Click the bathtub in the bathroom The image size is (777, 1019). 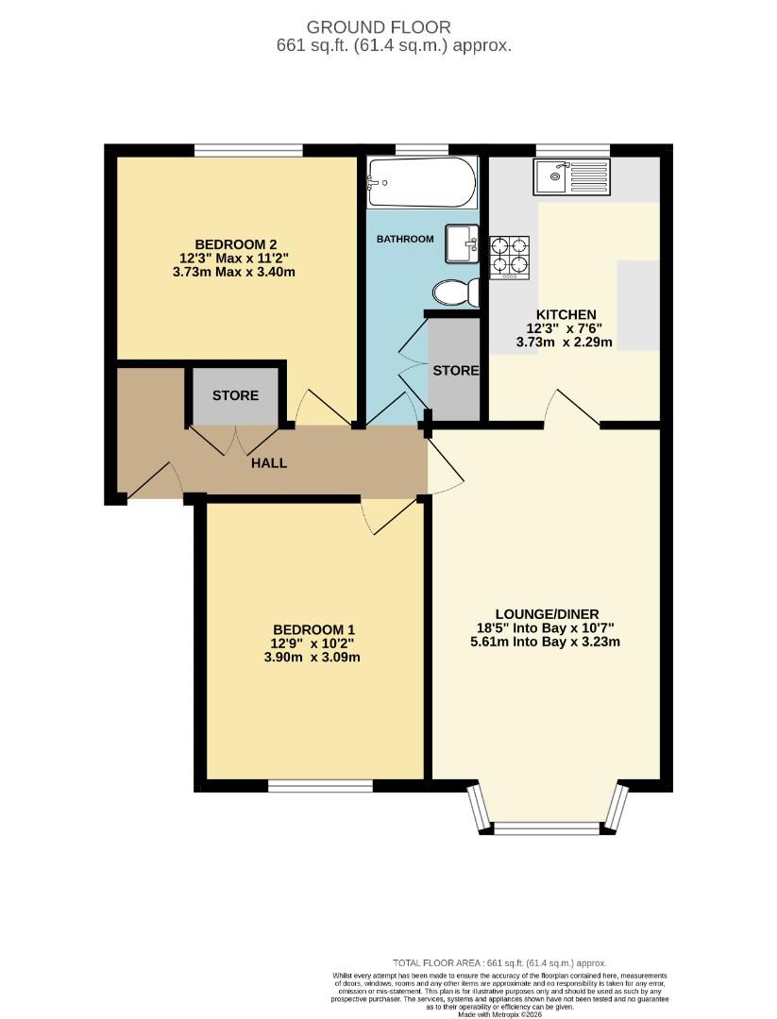(x=421, y=181)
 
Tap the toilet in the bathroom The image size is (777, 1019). (x=453, y=293)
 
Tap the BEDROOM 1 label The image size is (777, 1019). (x=314, y=629)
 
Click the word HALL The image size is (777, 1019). (x=269, y=463)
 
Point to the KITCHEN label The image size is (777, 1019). (x=566, y=314)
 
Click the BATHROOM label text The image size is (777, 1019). (x=405, y=239)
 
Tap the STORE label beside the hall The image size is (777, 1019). (x=235, y=395)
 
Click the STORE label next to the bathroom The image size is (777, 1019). (x=456, y=371)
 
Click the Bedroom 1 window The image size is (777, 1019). (x=319, y=785)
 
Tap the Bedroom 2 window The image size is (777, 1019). (x=248, y=149)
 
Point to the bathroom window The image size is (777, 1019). (x=421, y=149)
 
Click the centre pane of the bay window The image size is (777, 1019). (x=547, y=828)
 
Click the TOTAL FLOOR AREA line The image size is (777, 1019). (x=499, y=962)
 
